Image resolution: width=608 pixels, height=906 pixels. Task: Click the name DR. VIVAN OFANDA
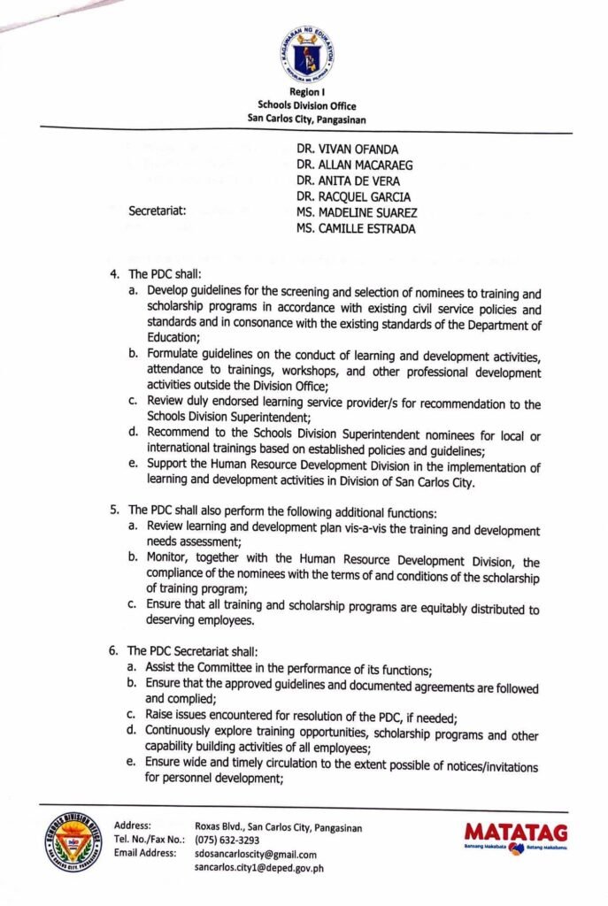(x=348, y=149)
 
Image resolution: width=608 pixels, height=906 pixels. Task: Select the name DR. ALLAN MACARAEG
(x=355, y=165)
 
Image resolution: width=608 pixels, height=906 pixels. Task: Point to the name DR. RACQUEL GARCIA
(x=354, y=196)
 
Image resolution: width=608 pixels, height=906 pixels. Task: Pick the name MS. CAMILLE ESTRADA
(x=357, y=229)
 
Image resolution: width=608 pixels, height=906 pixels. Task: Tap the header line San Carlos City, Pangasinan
(x=305, y=119)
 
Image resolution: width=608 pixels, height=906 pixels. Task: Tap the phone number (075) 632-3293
(x=227, y=841)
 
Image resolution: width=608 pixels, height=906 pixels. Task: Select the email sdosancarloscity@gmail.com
(x=256, y=855)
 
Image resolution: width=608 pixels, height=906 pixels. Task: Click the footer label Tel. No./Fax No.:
(x=149, y=841)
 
